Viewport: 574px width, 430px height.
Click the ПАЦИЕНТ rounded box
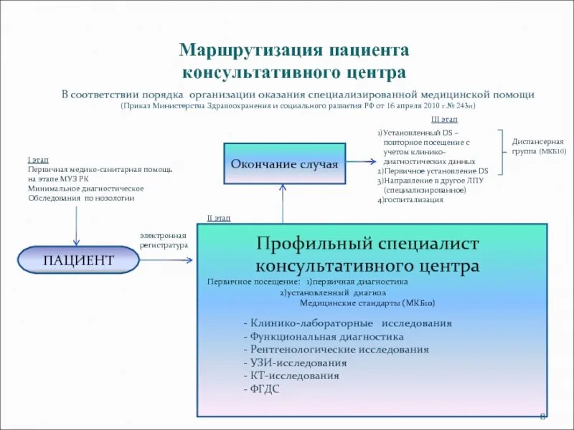(78, 260)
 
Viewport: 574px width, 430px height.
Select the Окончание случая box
(284, 164)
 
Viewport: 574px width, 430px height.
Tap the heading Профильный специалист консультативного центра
(368, 255)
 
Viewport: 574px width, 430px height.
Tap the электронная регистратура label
(164, 240)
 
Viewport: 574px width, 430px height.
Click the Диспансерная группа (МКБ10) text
(539, 147)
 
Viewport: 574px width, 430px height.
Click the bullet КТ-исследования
(291, 375)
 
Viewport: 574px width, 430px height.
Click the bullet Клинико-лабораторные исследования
(347, 323)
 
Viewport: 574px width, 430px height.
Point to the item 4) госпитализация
(410, 200)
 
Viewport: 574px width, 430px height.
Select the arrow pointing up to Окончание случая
(283, 202)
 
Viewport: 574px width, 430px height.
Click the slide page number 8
(542, 417)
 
